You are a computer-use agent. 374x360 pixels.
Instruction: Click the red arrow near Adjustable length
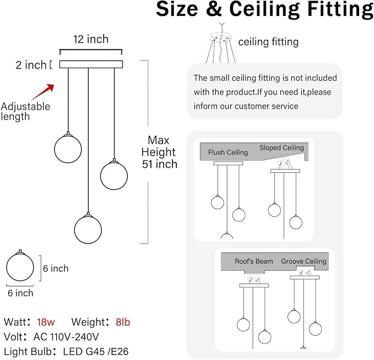(x=43, y=92)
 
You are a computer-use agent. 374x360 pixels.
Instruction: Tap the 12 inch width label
(x=91, y=39)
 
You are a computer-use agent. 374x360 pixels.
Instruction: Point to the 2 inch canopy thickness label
(x=31, y=65)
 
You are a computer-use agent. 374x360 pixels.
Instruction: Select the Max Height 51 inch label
(x=159, y=152)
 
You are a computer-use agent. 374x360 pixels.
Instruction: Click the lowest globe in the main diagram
(x=88, y=230)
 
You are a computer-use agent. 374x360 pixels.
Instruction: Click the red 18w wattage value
(x=46, y=322)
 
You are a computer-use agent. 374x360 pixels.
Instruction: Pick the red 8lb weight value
(x=123, y=322)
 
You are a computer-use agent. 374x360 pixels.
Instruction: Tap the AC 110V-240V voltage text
(x=66, y=337)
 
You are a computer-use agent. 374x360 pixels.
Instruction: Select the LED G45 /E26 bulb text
(x=96, y=352)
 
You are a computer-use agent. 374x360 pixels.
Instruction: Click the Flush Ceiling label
(x=228, y=152)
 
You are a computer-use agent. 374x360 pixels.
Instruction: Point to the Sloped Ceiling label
(x=281, y=148)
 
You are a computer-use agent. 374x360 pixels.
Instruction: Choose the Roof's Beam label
(x=254, y=261)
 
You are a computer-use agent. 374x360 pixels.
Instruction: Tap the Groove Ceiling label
(x=303, y=261)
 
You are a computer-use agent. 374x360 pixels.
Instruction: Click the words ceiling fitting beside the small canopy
(x=268, y=42)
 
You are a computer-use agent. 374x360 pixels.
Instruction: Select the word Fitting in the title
(x=340, y=9)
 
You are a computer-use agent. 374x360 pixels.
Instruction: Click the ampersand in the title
(x=214, y=9)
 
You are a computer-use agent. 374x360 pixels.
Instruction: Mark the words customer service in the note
(x=267, y=106)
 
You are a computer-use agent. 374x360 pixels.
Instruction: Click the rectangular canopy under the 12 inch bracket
(x=91, y=64)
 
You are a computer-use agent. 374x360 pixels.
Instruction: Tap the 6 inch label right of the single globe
(x=56, y=269)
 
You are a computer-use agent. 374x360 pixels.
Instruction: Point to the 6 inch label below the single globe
(x=20, y=293)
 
